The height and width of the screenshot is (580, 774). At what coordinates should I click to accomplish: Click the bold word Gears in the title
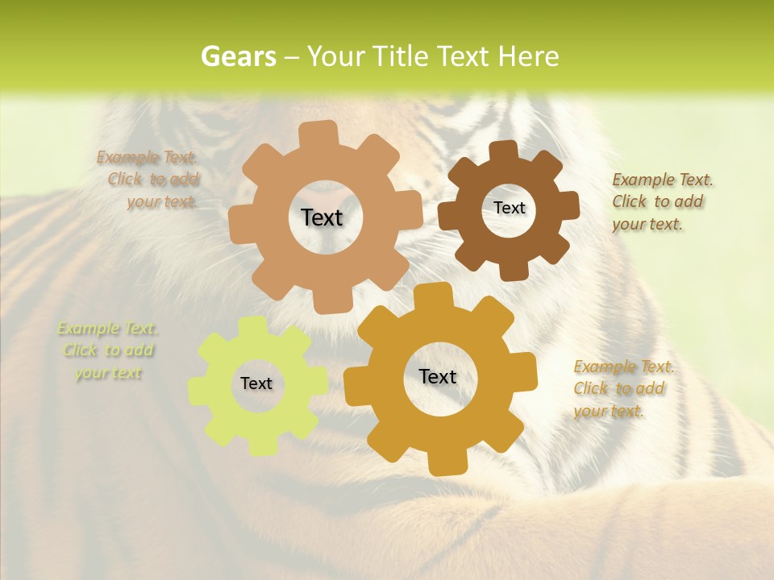pos(238,56)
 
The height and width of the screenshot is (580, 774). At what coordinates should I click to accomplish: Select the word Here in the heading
pos(528,56)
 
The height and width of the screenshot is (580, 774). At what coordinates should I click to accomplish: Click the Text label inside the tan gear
pos(322,217)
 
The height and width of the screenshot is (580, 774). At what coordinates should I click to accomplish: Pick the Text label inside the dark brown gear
pos(509,208)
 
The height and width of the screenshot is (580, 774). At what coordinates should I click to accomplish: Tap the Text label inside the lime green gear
pos(256,383)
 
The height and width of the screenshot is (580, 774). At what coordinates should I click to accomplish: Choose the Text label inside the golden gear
pos(438,376)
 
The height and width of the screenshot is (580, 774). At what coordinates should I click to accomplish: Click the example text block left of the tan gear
pos(148,180)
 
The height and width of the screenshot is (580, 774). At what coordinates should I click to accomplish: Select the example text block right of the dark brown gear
pos(662,201)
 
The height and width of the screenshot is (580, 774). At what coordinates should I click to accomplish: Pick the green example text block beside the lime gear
pos(108,350)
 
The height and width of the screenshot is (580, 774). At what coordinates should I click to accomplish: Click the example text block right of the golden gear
pos(623,388)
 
